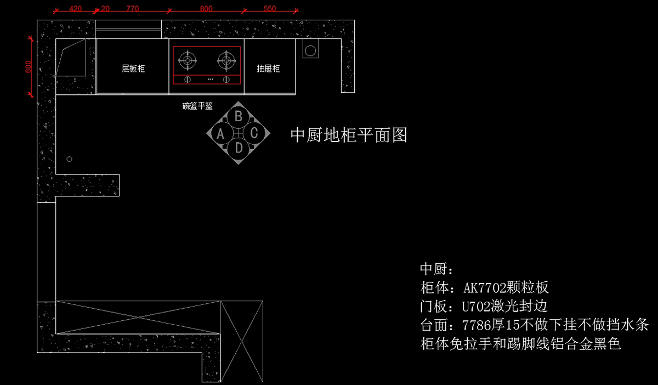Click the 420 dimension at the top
coord(76,9)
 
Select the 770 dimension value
coord(133,9)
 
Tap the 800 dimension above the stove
coord(206,9)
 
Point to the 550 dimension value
coord(270,9)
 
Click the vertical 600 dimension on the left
coord(28,66)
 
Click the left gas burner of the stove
coord(188,60)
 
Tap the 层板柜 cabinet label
coord(133,69)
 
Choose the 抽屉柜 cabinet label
coord(269,69)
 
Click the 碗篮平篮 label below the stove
coord(197,106)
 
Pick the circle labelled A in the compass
coord(221,133)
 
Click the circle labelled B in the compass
coord(239,116)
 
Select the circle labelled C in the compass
coord(254,133)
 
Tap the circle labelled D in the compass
coord(239,148)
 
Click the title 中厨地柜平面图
coord(349,135)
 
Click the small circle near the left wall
coord(70,159)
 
